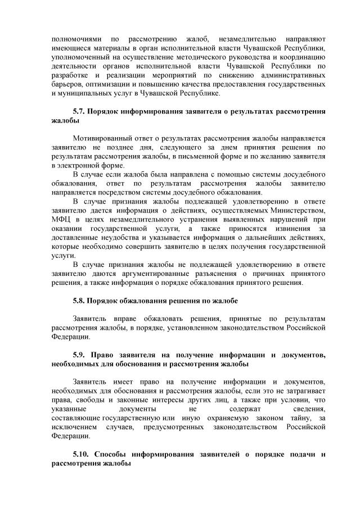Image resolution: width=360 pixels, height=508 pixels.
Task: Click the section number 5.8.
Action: [79, 301]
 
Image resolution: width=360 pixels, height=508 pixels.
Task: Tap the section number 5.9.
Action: [80, 355]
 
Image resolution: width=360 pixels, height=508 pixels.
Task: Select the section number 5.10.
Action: [82, 453]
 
